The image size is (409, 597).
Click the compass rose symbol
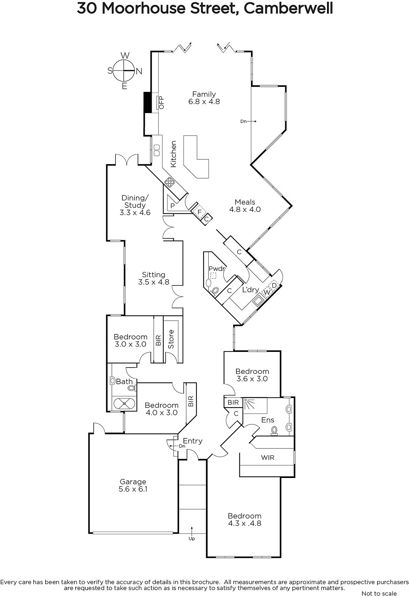pyautogui.click(x=124, y=71)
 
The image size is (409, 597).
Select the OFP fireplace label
pyautogui.click(x=161, y=103)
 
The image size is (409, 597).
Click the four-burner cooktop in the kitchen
pyautogui.click(x=169, y=182)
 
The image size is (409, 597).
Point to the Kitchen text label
pyautogui.click(x=173, y=154)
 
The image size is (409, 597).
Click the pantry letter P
pyautogui.click(x=173, y=206)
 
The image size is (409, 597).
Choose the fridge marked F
pyautogui.click(x=199, y=212)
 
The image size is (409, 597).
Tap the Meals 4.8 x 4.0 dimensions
pyautogui.click(x=245, y=209)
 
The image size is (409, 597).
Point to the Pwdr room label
pyautogui.click(x=217, y=268)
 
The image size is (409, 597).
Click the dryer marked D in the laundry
pyautogui.click(x=274, y=285)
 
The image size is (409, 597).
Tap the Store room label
pyautogui.click(x=171, y=339)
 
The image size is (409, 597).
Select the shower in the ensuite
pyautogui.click(x=255, y=406)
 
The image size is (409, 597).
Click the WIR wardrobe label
pyautogui.click(x=268, y=458)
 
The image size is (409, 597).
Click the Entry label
pyautogui.click(x=192, y=441)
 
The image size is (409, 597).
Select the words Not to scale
pyautogui.click(x=379, y=593)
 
